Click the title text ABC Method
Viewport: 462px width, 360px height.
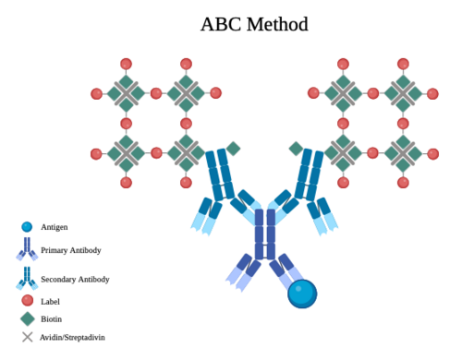[x=254, y=24]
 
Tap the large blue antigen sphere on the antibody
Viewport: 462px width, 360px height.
[x=302, y=294]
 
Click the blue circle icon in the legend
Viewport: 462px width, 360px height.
[x=27, y=227]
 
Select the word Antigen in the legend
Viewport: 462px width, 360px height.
[x=55, y=227]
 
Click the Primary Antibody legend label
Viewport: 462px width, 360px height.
[x=71, y=250]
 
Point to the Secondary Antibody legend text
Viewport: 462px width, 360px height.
[x=75, y=279]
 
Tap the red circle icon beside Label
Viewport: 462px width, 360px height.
[x=28, y=300]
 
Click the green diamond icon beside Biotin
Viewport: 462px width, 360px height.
[x=28, y=318]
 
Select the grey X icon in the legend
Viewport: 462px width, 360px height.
[x=28, y=337]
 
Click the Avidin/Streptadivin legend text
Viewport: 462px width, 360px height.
[x=72, y=338]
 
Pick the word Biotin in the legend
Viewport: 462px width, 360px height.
[x=51, y=319]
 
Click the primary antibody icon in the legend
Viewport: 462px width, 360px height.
[x=27, y=249]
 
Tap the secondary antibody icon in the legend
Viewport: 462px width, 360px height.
[x=27, y=278]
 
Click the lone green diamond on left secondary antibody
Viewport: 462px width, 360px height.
[x=233, y=149]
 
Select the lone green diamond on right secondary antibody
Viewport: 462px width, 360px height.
[x=297, y=149]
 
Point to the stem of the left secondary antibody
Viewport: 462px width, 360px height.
[x=219, y=174]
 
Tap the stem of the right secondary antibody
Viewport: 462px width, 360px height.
[x=310, y=174]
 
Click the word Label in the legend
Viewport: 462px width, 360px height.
[x=50, y=302]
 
